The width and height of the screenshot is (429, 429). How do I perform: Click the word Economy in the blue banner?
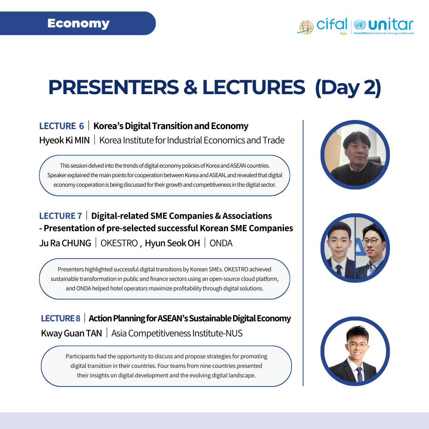pos(78,23)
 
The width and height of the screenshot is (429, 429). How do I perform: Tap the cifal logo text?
pos(332,24)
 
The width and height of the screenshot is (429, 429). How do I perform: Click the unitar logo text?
pos(391,25)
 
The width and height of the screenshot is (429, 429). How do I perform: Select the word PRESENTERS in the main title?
pos(114,87)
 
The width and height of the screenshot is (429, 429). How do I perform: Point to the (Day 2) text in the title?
pos(348,87)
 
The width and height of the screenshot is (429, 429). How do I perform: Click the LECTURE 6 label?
pos(62,126)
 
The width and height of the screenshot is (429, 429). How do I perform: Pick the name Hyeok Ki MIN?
pos(65,140)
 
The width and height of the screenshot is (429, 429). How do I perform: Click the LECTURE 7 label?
pos(60,216)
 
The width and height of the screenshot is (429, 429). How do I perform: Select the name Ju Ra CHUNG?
pos(65,243)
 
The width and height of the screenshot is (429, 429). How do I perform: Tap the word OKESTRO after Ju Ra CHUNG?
pos(119,243)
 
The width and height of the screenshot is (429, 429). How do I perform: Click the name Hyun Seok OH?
pos(172,243)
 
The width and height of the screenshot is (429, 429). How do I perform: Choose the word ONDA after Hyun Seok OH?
pos(221,243)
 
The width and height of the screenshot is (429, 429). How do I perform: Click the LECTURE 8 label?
pos(60,319)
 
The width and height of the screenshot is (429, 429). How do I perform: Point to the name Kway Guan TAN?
pos(71,333)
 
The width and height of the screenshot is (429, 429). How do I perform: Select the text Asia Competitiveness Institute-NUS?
pos(177,333)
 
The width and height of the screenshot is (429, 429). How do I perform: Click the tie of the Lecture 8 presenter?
pos(359,374)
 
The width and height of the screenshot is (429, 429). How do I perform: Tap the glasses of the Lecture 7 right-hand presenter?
pos(371,242)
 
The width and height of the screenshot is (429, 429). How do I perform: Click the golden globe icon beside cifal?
pos(306,27)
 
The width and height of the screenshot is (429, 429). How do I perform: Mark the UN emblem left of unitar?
pos(360,25)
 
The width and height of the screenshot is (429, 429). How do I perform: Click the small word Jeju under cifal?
pos(343,33)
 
